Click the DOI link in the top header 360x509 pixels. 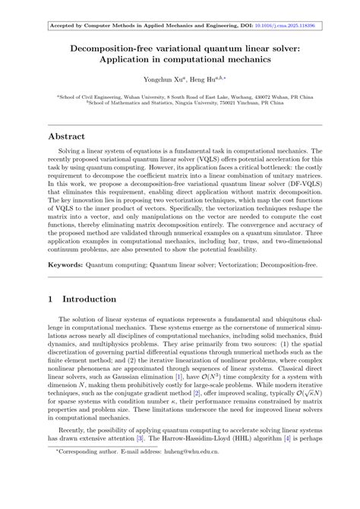tap(285, 25)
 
